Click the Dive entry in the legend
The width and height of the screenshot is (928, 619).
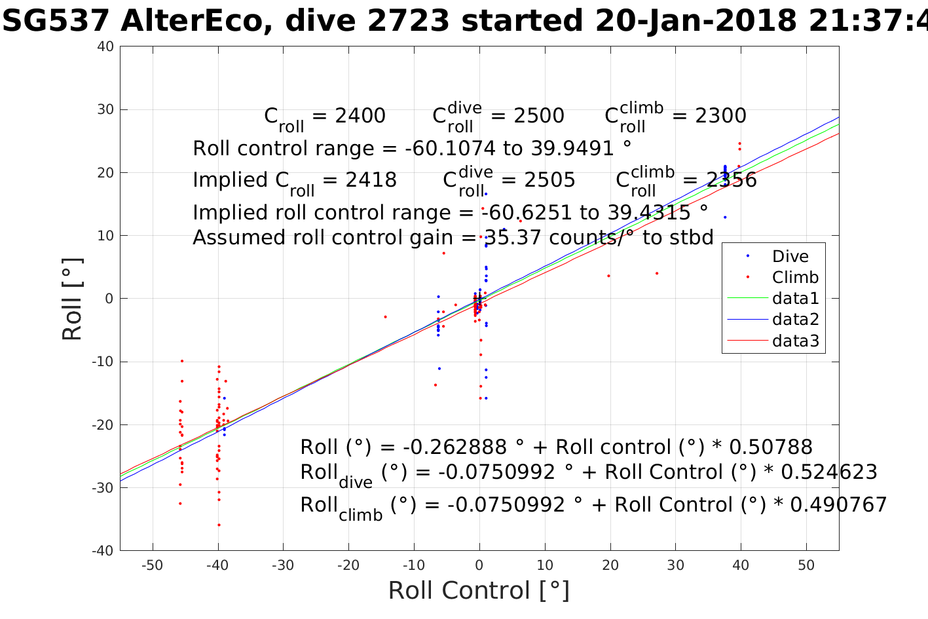(790, 257)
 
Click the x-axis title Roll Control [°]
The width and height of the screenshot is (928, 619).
(479, 590)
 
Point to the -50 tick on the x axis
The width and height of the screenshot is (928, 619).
(152, 565)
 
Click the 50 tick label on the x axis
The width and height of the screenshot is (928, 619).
(806, 565)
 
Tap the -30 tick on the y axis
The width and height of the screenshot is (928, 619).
(102, 488)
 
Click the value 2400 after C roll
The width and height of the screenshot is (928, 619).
(360, 116)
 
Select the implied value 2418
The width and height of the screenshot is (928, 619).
(371, 180)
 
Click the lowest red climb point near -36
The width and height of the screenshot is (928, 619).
(219, 525)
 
